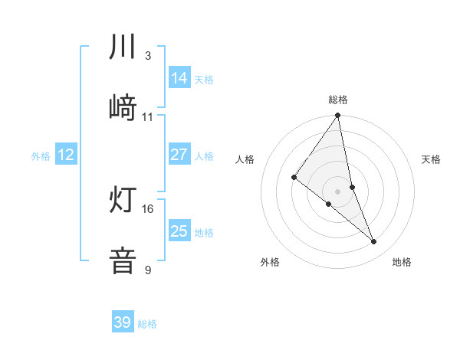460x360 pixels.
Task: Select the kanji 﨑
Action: (x=123, y=108)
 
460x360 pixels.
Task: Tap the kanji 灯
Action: (x=123, y=200)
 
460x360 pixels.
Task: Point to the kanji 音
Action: (x=123, y=260)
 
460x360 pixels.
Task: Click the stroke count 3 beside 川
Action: (x=147, y=56)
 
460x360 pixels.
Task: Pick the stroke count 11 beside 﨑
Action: (x=148, y=117)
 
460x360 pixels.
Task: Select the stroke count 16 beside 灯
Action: (x=148, y=208)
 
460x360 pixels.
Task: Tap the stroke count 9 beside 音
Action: (x=147, y=270)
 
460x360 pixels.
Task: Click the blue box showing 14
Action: (x=179, y=78)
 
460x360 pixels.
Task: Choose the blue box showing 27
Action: (x=179, y=155)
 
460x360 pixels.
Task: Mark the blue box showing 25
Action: (x=179, y=231)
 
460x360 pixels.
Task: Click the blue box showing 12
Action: (x=66, y=155)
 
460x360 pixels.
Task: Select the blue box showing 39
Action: (x=123, y=322)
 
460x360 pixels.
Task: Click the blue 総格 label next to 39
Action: (x=147, y=324)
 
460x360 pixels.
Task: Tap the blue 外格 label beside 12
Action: (x=41, y=156)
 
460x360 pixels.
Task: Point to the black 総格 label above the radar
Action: (x=338, y=100)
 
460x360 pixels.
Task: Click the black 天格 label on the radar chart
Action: (x=432, y=159)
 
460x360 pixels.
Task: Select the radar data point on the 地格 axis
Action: (x=374, y=242)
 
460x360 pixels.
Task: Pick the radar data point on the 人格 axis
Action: (x=294, y=178)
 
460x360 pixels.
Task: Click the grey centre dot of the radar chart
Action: (x=338, y=191)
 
